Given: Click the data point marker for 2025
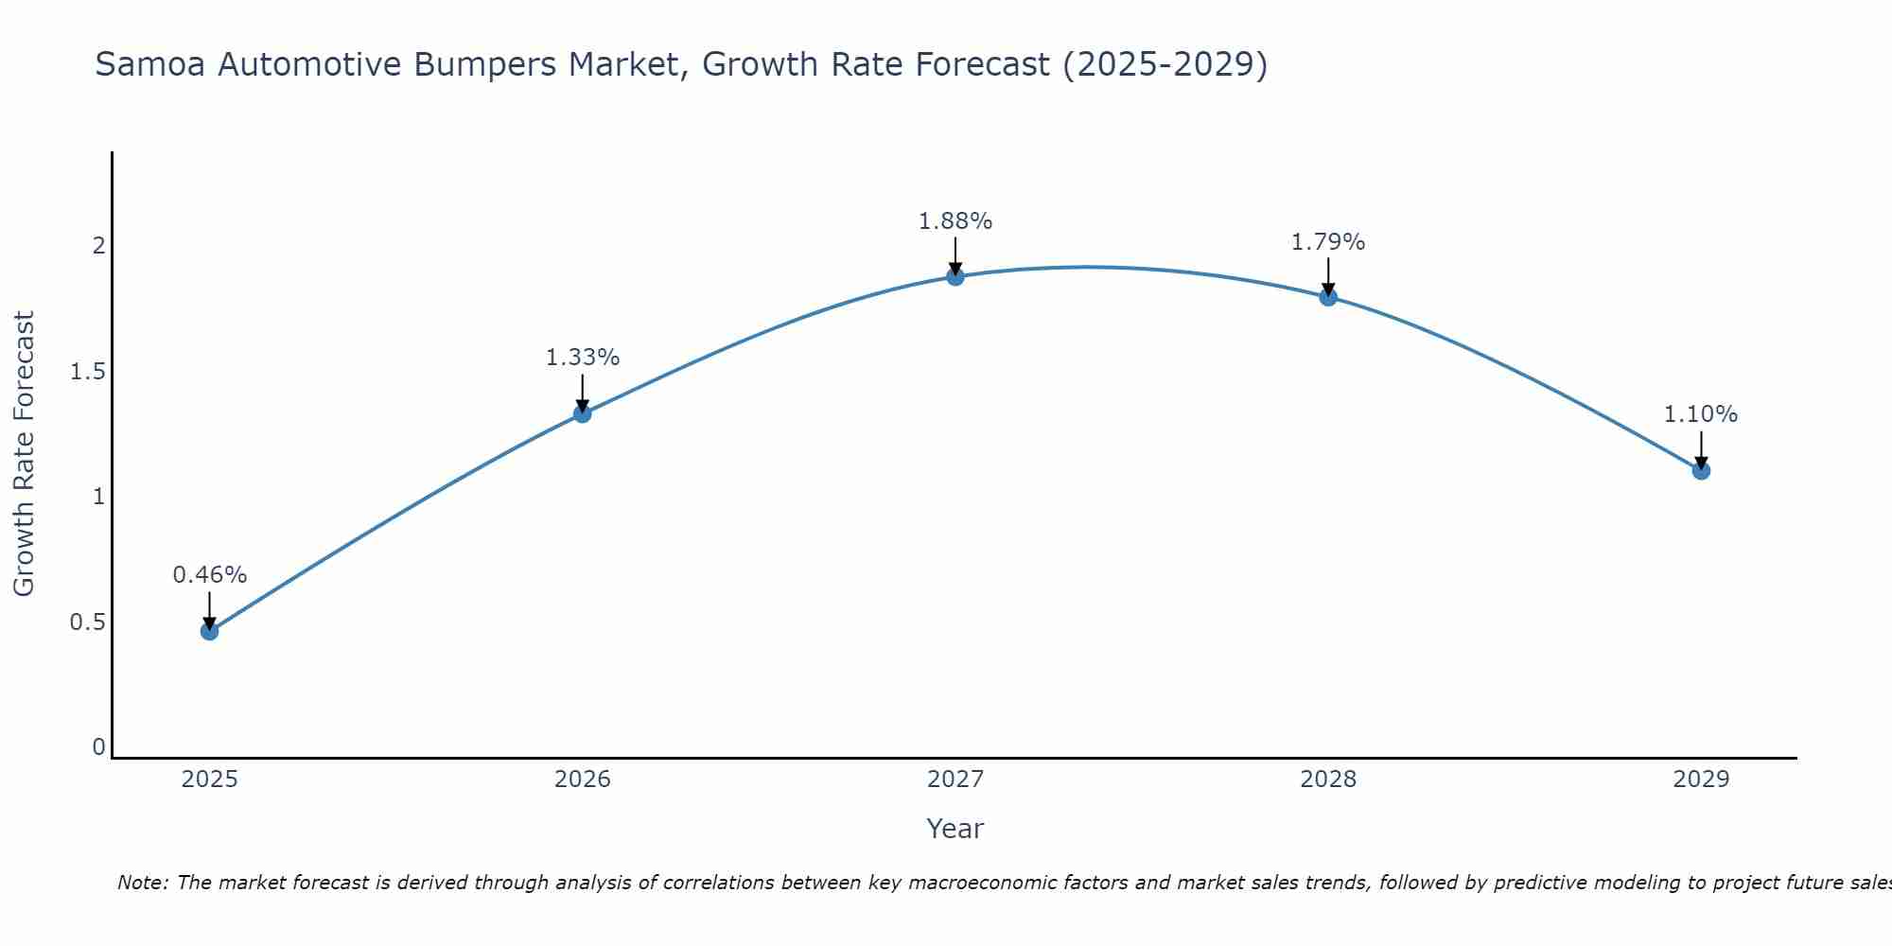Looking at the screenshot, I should tap(210, 631).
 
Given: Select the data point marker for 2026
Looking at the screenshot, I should tap(583, 413).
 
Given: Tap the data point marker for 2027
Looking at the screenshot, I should tap(955, 276).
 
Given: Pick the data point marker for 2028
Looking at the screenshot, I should tap(1328, 297).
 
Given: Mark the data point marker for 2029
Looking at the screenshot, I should tap(1701, 470).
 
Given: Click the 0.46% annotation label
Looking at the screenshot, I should tap(210, 575).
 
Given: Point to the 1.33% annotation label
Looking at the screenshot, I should tap(583, 358).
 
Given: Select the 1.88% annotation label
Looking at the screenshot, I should tap(955, 221).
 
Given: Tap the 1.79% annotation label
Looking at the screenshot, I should tap(1328, 242).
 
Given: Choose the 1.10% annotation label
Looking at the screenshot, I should tap(1701, 414).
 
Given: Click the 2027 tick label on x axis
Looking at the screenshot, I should tap(955, 780).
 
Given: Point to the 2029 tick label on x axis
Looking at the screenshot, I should tap(1701, 780).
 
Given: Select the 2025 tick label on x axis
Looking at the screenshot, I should tap(210, 780).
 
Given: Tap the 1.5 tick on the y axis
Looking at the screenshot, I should tap(88, 372).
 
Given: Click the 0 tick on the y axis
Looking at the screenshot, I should tap(98, 747).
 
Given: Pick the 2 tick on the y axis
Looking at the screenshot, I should tap(98, 246).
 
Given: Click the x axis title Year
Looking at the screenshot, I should tap(955, 829).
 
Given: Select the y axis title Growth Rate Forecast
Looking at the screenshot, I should tap(25, 454).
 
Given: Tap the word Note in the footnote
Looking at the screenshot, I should tap(141, 883).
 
